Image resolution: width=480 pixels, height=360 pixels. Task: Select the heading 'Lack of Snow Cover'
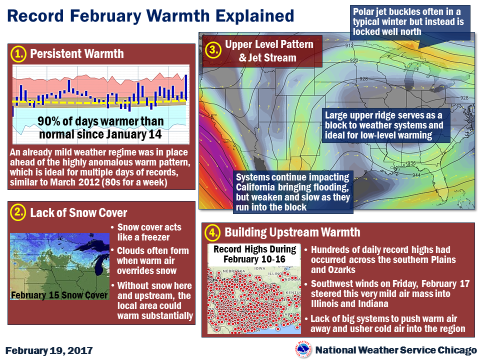(x=78, y=213)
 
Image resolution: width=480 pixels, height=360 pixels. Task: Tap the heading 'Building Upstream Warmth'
(x=292, y=232)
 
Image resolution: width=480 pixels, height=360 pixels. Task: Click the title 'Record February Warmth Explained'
(x=151, y=16)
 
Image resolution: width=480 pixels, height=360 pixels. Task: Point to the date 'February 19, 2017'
(x=49, y=349)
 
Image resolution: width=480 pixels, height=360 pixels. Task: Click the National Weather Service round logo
(x=303, y=349)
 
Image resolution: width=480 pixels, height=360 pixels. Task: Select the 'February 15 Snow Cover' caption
(x=59, y=294)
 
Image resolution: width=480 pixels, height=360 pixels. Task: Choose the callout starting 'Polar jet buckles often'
(x=410, y=21)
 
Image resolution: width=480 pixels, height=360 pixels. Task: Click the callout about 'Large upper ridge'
(x=384, y=125)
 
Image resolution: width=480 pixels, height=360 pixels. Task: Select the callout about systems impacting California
(x=293, y=192)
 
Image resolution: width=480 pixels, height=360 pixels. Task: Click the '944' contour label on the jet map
(x=415, y=175)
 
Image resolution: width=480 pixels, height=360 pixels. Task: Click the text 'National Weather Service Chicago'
(x=396, y=350)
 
